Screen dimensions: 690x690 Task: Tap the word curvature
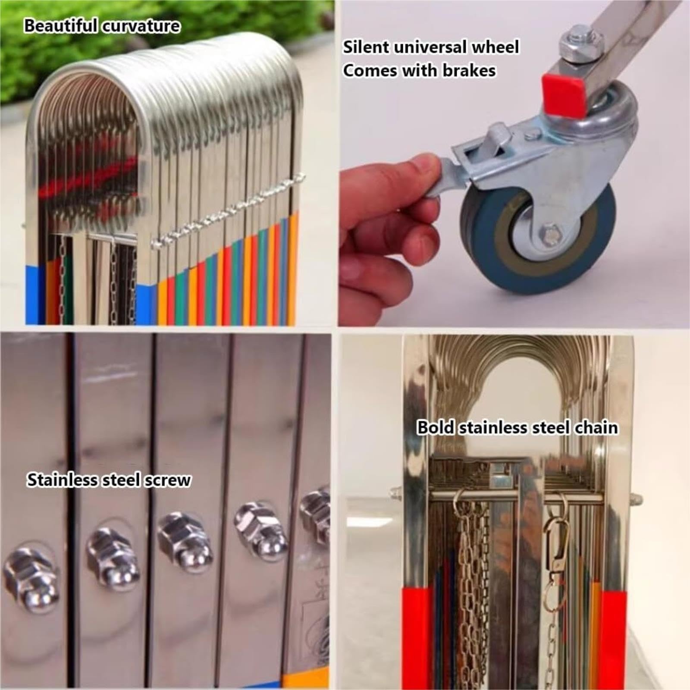(x=141, y=26)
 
